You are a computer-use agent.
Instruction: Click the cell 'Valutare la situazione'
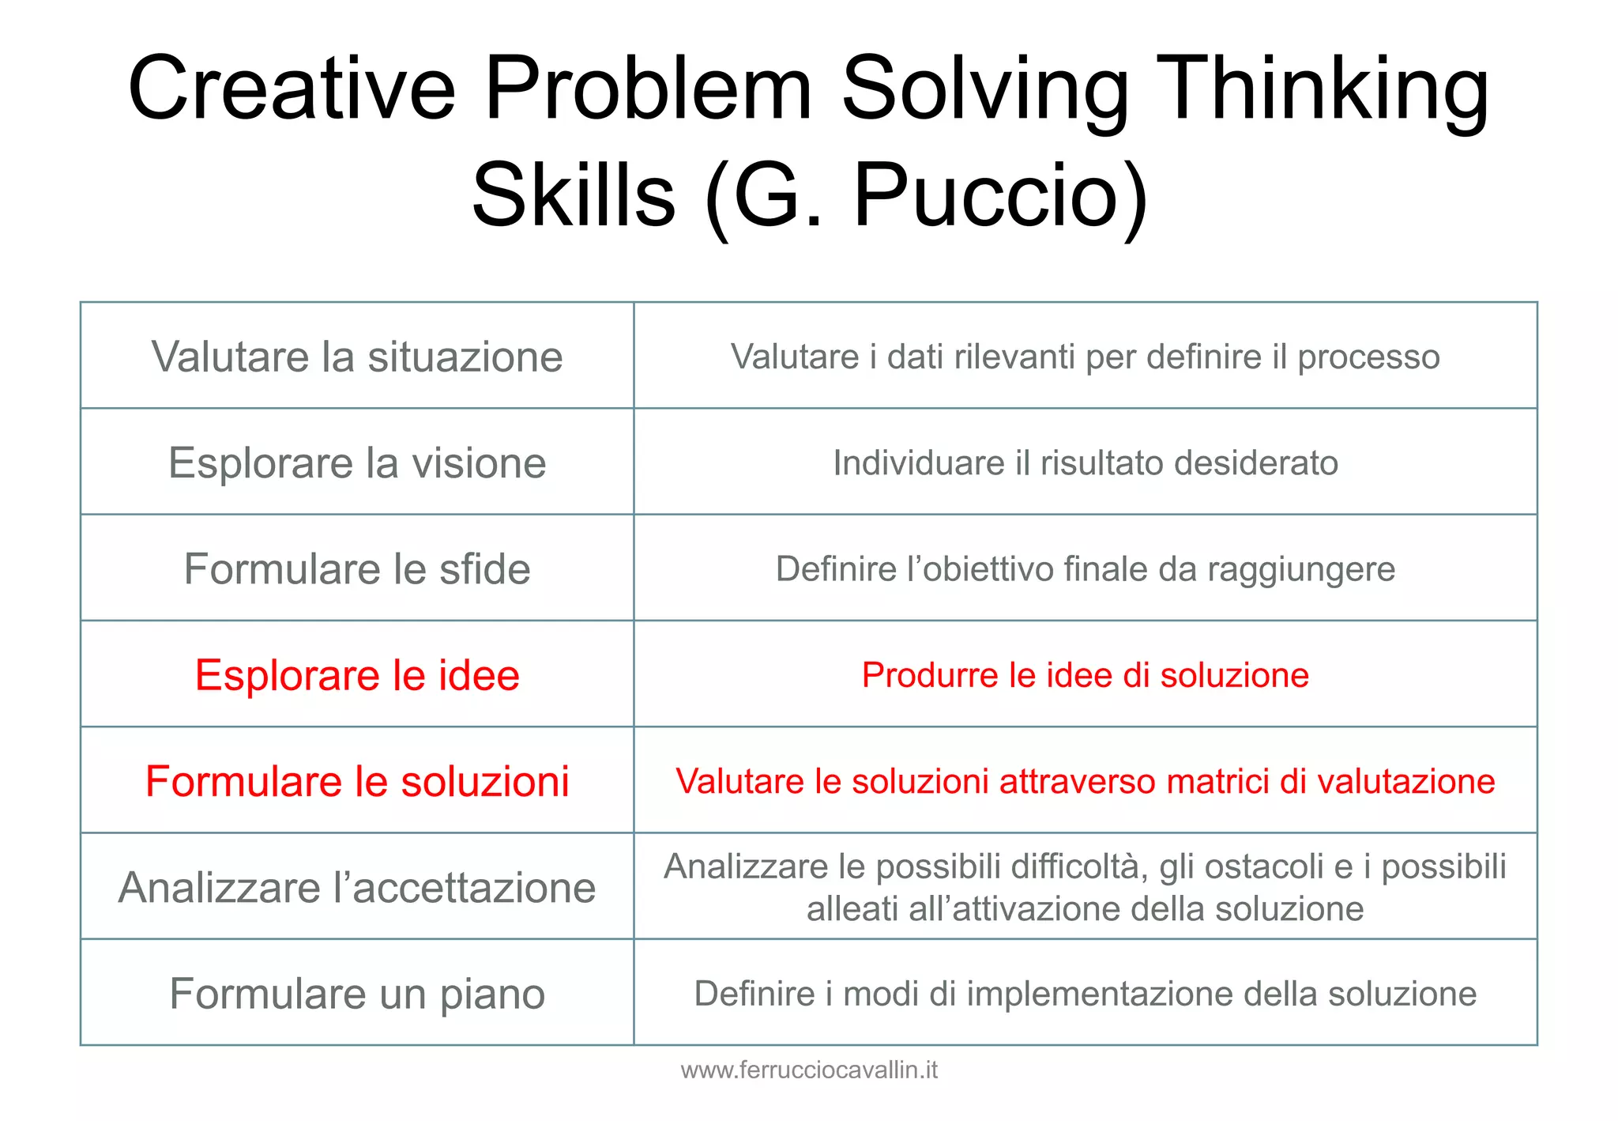357,357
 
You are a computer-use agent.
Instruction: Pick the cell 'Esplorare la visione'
357,462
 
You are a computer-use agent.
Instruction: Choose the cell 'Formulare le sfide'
357,569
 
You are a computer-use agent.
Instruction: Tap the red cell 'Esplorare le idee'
357,675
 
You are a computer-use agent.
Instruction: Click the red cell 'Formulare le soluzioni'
357,781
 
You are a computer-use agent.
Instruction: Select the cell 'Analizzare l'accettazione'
357,887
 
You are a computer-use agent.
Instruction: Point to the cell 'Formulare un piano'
357,994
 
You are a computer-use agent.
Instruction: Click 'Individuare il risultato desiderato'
1086,462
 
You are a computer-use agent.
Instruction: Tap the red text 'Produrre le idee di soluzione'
1086,675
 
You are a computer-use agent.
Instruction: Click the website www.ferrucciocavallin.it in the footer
809,1070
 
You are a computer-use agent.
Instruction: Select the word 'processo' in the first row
1368,357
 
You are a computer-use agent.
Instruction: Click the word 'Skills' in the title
574,195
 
